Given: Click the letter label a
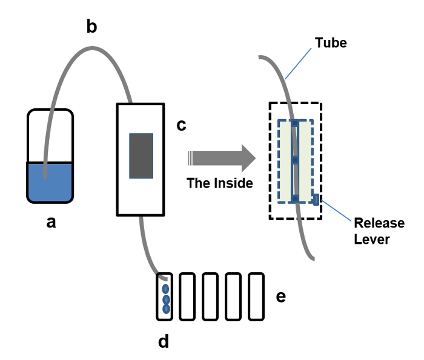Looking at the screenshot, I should tap(51, 223).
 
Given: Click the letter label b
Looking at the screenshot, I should tap(91, 28).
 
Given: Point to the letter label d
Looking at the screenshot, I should tap(164, 342).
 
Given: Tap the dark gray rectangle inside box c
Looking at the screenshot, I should tap(141, 155).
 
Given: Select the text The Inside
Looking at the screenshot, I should tap(220, 183).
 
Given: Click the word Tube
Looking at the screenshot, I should tap(331, 43).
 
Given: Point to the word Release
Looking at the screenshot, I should tap(379, 223).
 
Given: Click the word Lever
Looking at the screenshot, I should tap(372, 239).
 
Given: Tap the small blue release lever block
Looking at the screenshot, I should tap(316, 199).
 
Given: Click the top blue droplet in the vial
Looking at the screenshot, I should tap(166, 289).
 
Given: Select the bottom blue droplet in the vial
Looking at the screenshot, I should tap(166, 309).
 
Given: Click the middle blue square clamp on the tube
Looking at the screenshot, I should tap(294, 161).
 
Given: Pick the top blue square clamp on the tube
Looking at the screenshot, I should tap(294, 123).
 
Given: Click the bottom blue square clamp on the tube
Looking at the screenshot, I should tap(294, 198).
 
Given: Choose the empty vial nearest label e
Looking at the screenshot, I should tap(257, 296).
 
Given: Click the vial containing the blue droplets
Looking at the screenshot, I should tap(165, 296).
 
